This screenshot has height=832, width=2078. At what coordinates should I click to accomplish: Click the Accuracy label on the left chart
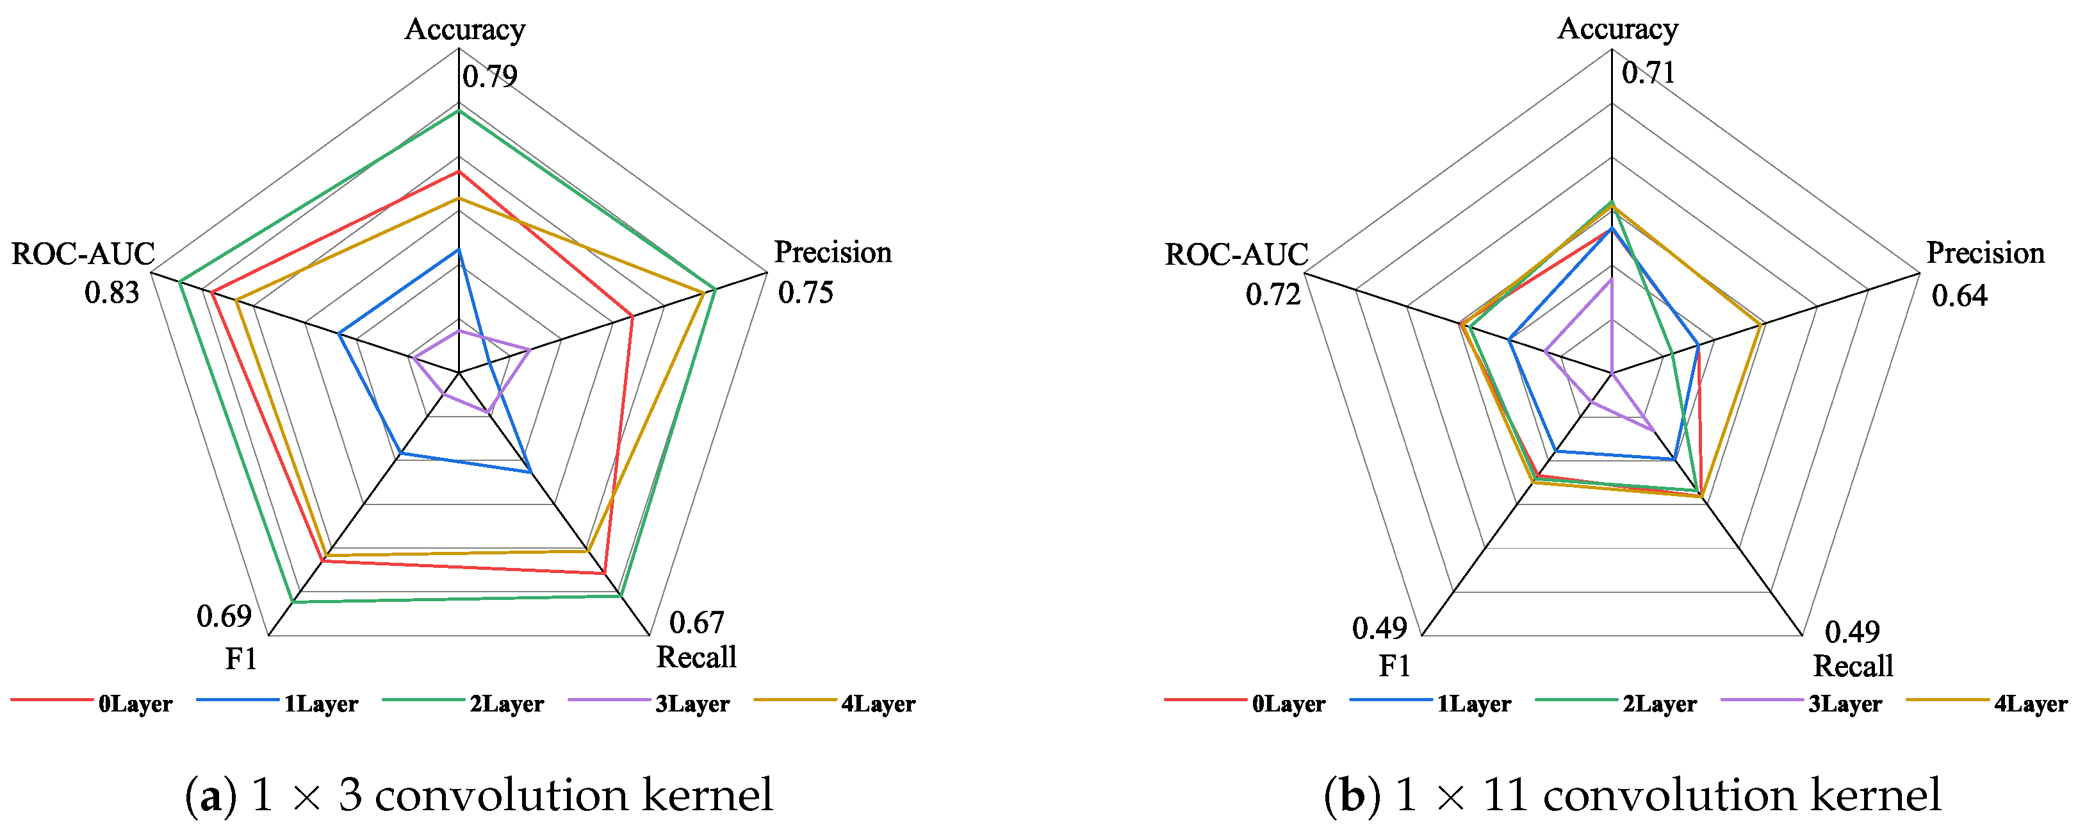(464, 30)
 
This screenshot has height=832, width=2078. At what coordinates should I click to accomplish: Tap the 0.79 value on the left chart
(489, 77)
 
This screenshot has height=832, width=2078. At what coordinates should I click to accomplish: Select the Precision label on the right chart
(1985, 253)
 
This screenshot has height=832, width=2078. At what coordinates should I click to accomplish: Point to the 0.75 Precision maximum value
(805, 292)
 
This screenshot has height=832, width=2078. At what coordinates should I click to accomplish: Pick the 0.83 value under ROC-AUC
(112, 292)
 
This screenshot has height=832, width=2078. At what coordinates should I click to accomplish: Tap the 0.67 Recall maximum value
(696, 622)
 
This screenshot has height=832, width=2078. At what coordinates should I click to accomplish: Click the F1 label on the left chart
(240, 660)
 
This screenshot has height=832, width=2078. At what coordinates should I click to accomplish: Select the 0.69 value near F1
(224, 617)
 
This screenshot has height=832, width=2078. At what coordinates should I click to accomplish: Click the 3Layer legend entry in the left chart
(692, 704)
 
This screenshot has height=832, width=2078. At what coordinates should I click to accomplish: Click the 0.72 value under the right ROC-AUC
(1273, 295)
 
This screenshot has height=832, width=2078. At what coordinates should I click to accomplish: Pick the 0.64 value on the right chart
(1959, 296)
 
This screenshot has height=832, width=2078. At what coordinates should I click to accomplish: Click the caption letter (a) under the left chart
(211, 795)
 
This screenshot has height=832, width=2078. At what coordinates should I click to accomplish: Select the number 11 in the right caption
(1506, 795)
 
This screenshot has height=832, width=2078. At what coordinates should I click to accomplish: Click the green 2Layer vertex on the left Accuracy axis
(458, 112)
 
